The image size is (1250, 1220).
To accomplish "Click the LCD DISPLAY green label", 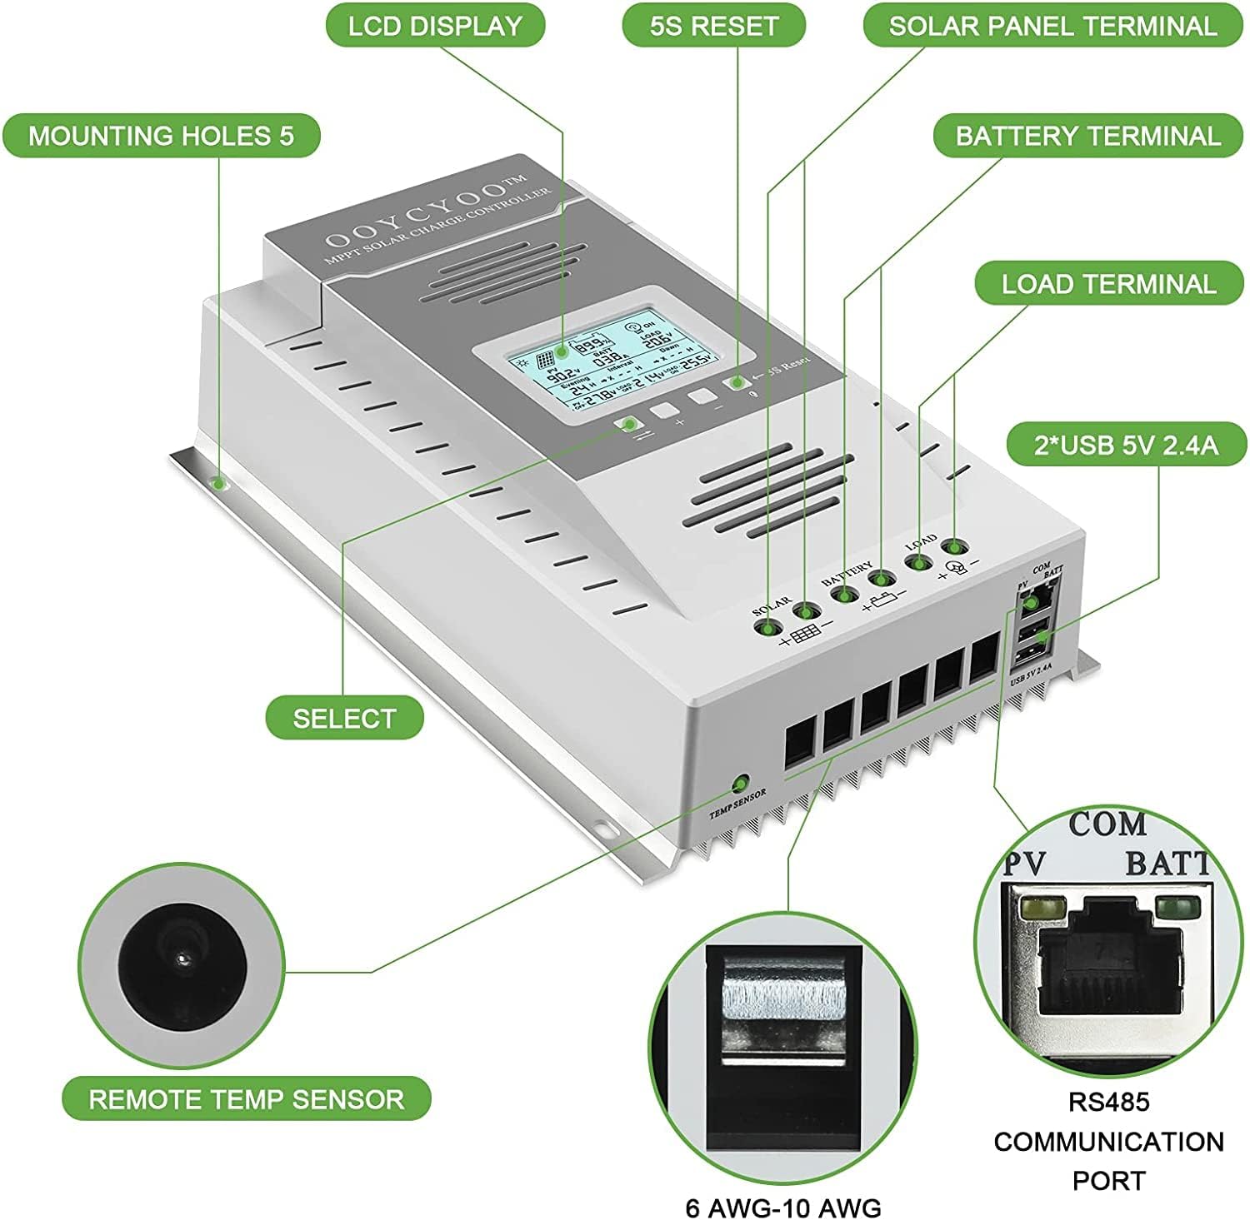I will tap(434, 26).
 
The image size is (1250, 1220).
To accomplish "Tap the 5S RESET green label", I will tap(713, 26).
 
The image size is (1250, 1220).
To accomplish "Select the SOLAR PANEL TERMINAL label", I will tap(1052, 26).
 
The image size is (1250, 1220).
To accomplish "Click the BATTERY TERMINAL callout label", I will tap(1087, 136).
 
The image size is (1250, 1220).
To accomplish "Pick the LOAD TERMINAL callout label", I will tap(1108, 284).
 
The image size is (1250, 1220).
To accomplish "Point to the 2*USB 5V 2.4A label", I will tap(1126, 446).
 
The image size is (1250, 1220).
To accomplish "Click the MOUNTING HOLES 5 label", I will tap(161, 136).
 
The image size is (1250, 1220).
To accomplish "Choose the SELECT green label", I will tap(344, 718).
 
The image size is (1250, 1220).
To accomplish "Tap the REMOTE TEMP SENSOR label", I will tap(247, 1098).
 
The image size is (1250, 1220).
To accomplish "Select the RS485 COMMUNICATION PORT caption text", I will tap(1108, 1141).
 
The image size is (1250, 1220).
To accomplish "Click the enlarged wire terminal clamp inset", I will tap(782, 1041).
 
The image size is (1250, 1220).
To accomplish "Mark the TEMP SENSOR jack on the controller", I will tap(738, 784).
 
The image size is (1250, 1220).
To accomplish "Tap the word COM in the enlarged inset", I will tap(1107, 824).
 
